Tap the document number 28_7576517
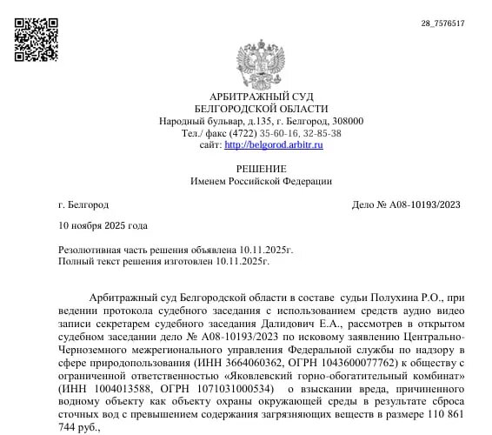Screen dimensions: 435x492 (443, 23)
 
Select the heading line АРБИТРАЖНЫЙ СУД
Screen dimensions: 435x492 (262, 96)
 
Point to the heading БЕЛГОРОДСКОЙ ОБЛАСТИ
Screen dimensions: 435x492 (262, 108)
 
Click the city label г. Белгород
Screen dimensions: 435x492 (83, 204)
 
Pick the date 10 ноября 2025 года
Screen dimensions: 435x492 (103, 226)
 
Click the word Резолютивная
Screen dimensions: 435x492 (94, 250)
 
